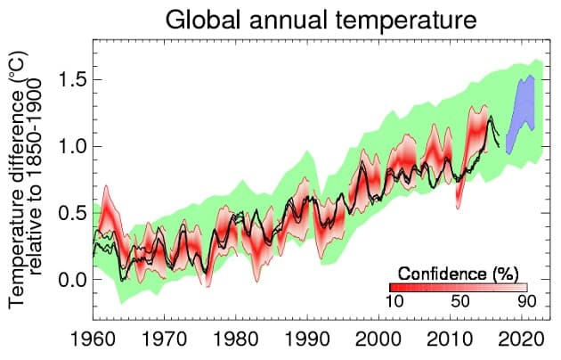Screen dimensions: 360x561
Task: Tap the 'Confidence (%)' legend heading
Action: tap(459, 271)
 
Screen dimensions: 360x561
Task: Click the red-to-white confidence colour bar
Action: tap(459, 287)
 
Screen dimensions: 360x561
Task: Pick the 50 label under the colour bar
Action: tap(459, 303)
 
